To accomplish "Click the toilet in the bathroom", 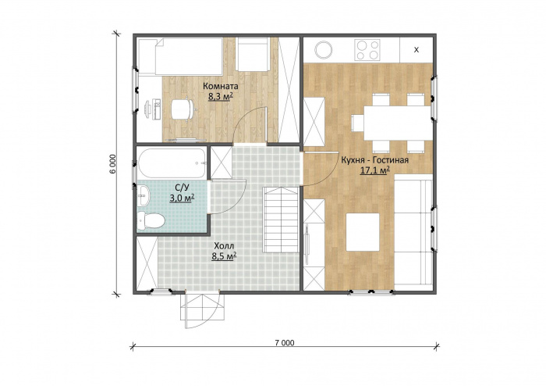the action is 151,220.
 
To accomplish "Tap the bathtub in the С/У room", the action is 172,163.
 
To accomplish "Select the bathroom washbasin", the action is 143,195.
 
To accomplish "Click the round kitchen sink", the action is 324,49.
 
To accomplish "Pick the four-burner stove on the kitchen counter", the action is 367,50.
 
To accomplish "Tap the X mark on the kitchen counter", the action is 416,50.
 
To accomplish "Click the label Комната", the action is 221,86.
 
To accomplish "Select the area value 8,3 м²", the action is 221,97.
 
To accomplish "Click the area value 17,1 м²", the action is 374,170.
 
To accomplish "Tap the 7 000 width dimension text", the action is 285,343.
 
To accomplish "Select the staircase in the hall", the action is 281,220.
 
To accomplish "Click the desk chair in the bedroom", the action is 182,109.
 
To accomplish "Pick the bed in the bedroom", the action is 181,56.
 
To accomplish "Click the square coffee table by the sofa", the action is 363,232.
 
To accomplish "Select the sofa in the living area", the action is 413,233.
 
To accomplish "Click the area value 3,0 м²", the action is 182,198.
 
